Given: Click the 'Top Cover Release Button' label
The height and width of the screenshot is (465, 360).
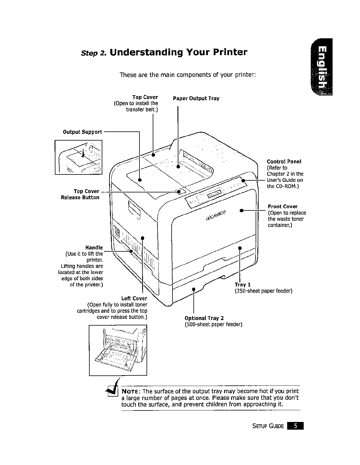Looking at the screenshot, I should pyautogui.click(x=80, y=194).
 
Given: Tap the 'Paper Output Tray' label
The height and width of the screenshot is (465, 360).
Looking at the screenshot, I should pyautogui.click(x=196, y=98).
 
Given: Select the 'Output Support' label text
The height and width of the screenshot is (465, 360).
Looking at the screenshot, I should pyautogui.click(x=83, y=132).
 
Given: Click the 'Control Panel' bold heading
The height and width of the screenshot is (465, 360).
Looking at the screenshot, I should pyautogui.click(x=284, y=161).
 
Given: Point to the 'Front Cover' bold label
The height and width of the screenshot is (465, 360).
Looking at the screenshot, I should pyautogui.click(x=283, y=207).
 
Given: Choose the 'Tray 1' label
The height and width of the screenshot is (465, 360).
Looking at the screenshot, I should pyautogui.click(x=243, y=285).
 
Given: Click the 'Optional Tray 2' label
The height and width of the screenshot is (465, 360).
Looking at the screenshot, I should pyautogui.click(x=204, y=318).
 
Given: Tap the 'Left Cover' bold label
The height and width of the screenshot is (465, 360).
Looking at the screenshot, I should pyautogui.click(x=134, y=298).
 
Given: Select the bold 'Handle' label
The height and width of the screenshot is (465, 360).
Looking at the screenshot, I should pyautogui.click(x=94, y=248).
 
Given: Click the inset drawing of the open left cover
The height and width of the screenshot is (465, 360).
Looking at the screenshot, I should pyautogui.click(x=118, y=350).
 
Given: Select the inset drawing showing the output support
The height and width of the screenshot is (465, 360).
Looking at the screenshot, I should pyautogui.click(x=78, y=157).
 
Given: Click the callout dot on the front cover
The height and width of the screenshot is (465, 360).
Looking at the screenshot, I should pyautogui.click(x=241, y=211).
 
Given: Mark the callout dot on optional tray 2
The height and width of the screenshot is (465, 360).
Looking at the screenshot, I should pyautogui.click(x=193, y=289).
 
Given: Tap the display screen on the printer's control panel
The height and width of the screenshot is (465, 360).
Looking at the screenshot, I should pyautogui.click(x=215, y=194).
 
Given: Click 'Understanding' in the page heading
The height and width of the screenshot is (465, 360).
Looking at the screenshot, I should pyautogui.click(x=145, y=52).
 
